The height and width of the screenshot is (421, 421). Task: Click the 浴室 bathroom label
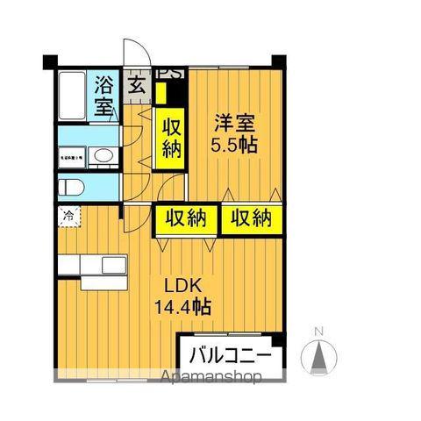pos(104,96)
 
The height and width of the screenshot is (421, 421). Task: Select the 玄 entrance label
pos(137,85)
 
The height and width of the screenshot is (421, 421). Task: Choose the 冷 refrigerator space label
pos(68,213)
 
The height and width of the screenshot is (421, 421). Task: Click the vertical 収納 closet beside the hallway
pos(169,138)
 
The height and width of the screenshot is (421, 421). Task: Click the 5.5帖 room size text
pos(232,146)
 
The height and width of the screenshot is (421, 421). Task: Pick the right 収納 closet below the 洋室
pos(253,218)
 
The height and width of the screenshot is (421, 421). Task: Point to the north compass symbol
pos(319,354)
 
